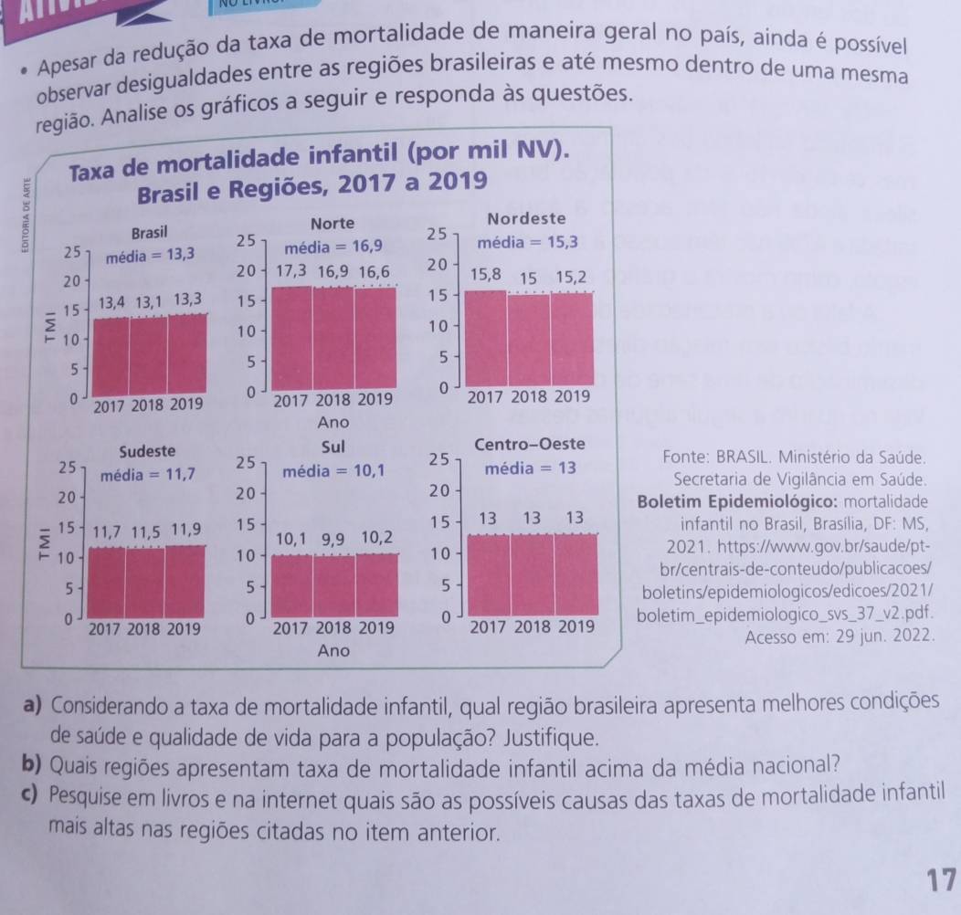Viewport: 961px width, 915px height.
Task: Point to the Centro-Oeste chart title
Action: coord(530,445)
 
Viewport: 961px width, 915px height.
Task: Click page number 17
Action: coord(941,880)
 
